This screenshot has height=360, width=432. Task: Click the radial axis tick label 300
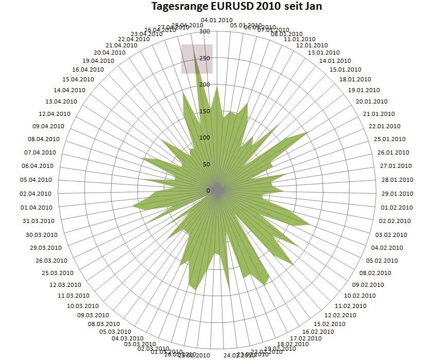(x=204, y=32)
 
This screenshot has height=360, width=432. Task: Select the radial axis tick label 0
(x=208, y=191)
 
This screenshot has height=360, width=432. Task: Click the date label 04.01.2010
(x=217, y=20)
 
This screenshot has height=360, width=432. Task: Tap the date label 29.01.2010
(x=396, y=194)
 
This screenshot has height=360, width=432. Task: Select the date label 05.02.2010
(x=385, y=260)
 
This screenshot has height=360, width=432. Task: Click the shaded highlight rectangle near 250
(x=197, y=59)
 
